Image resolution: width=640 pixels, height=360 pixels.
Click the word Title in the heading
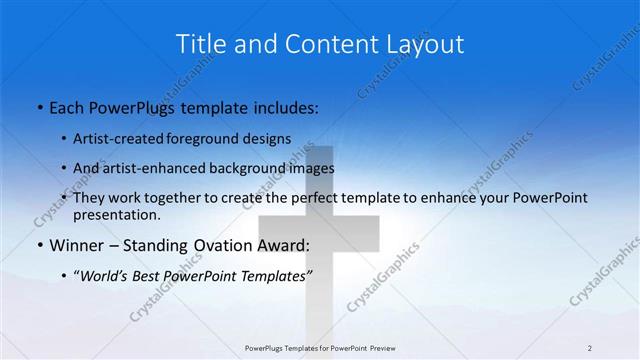click(199, 44)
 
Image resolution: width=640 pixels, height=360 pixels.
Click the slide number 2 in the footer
click(590, 348)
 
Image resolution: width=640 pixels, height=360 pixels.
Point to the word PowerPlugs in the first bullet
click(138, 107)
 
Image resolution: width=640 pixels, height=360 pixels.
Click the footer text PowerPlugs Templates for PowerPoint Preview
click(320, 348)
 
